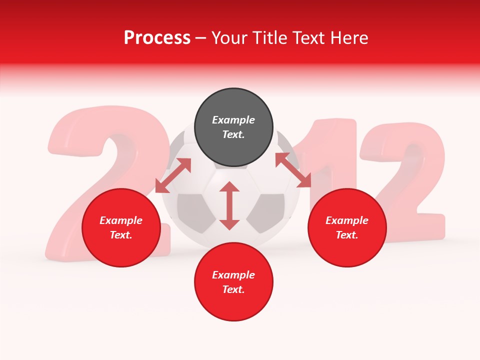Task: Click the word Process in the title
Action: [x=157, y=38]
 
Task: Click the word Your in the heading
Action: [x=227, y=38]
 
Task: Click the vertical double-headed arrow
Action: [x=229, y=205]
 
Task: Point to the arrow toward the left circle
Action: [x=173, y=175]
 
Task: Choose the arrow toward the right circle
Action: [x=293, y=169]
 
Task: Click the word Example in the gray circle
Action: [x=233, y=120]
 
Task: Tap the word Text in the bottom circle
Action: [x=233, y=289]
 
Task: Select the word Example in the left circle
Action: [x=121, y=220]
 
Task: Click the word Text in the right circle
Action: [x=346, y=235]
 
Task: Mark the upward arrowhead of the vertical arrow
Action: [x=229, y=187]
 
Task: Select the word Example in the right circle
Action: [x=347, y=220]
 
